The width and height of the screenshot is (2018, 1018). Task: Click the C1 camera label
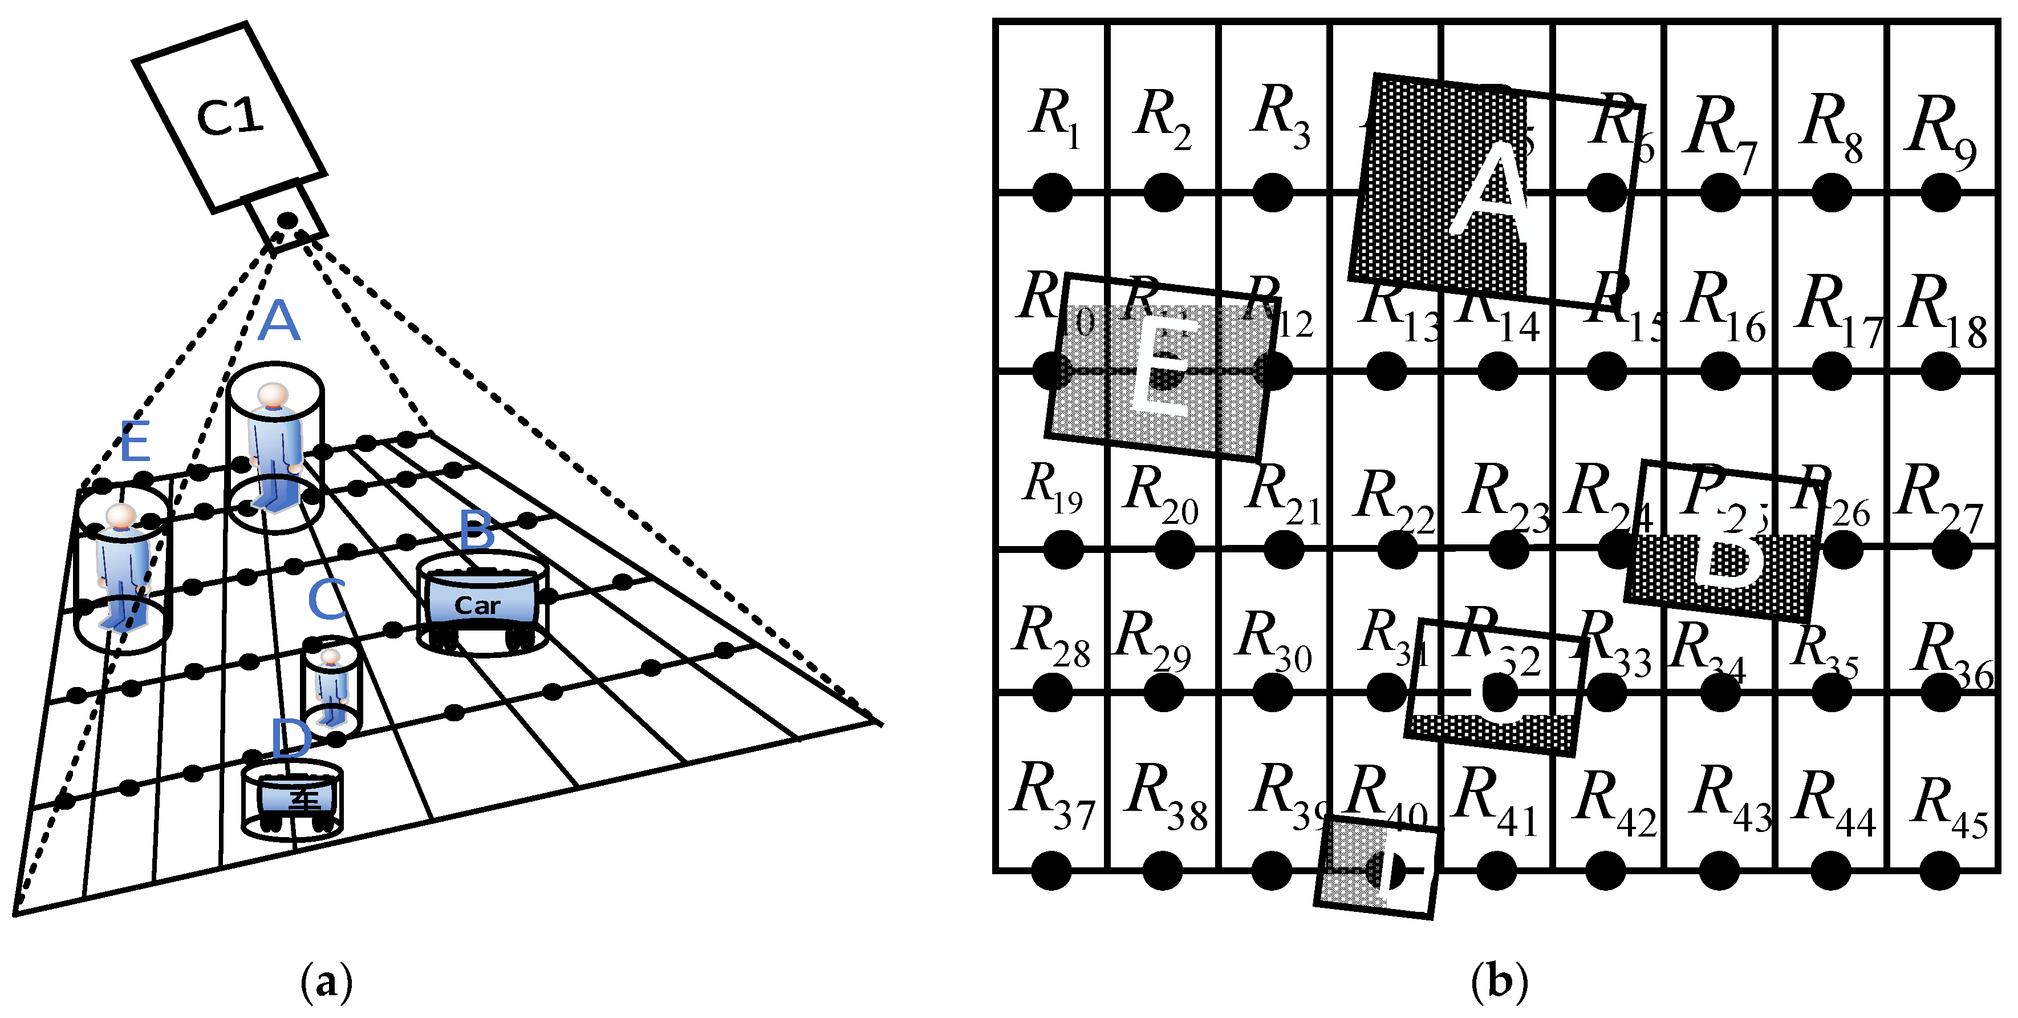tap(230, 118)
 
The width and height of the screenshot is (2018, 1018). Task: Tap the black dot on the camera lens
tap(287, 220)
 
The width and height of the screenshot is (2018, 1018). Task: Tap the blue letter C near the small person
tap(327, 600)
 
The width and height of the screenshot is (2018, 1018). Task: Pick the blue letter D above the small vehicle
tap(291, 739)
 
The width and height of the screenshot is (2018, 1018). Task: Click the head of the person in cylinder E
tap(121, 516)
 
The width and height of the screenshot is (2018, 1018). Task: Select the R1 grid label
tap(1054, 118)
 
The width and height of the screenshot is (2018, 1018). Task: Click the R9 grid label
tap(1943, 133)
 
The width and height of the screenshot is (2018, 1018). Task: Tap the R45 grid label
tap(1949, 807)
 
